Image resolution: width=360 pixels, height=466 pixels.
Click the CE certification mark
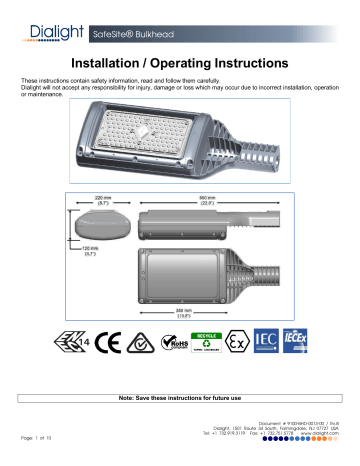(115, 359)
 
